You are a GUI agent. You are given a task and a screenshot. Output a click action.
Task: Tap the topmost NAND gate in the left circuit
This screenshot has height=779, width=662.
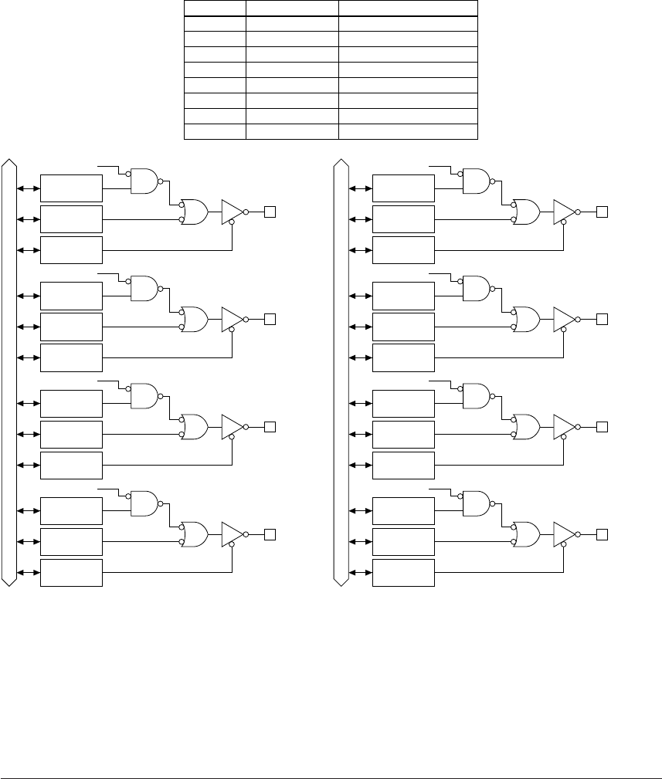(144, 181)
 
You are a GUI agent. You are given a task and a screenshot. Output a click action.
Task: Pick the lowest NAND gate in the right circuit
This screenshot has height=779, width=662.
(475, 504)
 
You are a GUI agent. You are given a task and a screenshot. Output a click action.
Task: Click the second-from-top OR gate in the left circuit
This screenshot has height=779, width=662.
(193, 319)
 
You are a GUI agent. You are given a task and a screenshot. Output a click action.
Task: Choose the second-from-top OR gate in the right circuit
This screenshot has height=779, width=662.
(525, 319)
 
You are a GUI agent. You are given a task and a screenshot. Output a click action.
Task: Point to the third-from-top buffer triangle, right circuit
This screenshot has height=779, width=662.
(564, 426)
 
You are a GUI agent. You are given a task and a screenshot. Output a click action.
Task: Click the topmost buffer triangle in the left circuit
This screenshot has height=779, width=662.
(232, 211)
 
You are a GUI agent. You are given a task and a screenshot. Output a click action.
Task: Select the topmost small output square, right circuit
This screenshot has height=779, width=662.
(603, 211)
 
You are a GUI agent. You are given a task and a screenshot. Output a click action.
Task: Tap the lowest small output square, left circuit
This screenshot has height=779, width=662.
(270, 534)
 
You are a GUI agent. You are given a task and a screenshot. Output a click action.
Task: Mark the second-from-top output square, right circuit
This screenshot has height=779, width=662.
(603, 319)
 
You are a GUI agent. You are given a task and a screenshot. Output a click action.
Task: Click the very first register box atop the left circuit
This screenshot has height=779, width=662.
(71, 188)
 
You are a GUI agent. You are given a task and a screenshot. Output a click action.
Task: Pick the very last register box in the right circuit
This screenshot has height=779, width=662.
(403, 573)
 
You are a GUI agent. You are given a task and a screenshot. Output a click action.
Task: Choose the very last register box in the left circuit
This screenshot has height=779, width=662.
(71, 573)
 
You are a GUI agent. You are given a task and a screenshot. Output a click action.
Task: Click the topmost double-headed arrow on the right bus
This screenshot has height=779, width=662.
(358, 188)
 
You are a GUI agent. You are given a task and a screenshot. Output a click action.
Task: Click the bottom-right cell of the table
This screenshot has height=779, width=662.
(408, 131)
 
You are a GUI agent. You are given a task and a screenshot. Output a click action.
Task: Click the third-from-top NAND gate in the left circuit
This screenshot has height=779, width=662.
(144, 397)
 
